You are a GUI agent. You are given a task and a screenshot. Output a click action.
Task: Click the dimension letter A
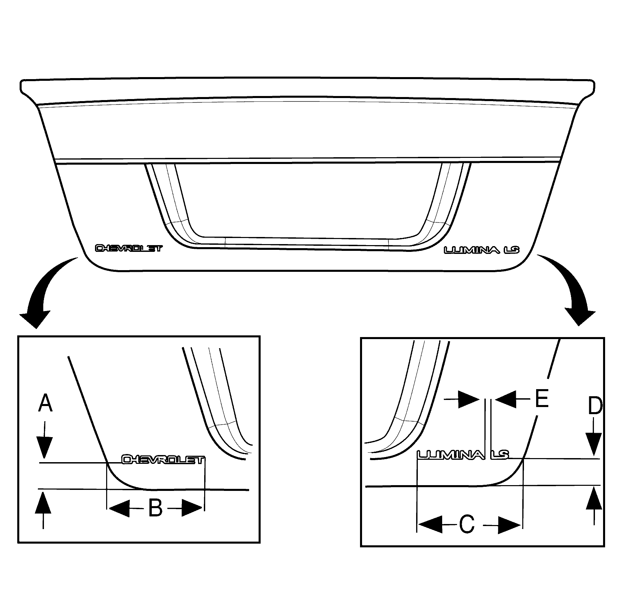(45, 403)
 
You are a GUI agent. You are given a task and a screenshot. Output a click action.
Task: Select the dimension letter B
(155, 508)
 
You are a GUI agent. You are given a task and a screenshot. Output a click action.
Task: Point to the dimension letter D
(595, 406)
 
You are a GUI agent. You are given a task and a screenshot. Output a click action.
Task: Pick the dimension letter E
(541, 399)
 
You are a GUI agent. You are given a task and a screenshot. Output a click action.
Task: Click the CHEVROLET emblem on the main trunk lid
(129, 248)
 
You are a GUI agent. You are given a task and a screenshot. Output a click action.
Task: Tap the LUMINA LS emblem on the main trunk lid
(481, 250)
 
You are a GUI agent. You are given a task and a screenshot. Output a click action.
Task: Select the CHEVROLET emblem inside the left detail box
(163, 460)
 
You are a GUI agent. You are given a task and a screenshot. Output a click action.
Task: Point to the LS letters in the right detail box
(500, 455)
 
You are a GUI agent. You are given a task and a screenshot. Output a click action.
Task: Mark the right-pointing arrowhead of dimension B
(192, 508)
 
